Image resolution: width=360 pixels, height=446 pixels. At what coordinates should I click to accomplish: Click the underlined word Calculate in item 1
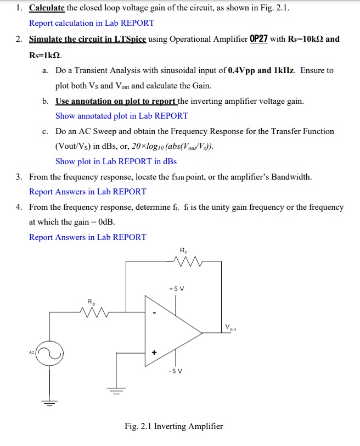point(47,8)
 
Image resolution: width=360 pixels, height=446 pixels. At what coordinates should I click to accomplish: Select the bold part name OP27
point(258,40)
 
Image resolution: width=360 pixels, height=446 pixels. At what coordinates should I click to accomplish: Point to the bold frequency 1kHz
point(285,70)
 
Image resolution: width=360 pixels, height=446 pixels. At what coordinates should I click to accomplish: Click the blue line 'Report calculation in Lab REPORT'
point(91,23)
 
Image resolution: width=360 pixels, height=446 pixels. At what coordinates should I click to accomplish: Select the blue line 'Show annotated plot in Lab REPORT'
point(121,116)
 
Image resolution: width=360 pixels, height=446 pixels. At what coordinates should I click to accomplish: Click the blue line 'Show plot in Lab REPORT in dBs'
point(116,161)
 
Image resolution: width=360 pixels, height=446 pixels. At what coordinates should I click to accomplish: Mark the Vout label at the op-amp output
point(231,327)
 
